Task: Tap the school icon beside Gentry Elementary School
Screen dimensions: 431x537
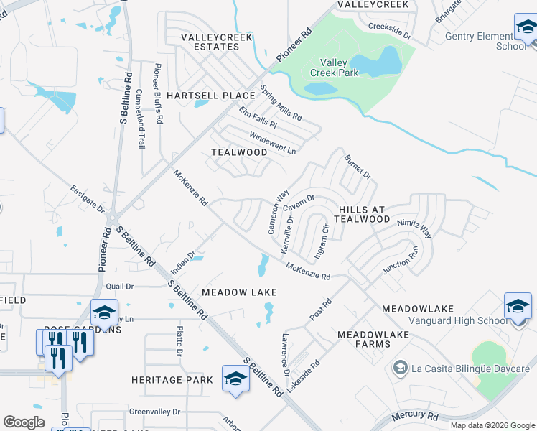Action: (526, 29)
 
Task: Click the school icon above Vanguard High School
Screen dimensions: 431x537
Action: (517, 306)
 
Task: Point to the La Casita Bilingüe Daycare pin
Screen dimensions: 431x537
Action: (400, 369)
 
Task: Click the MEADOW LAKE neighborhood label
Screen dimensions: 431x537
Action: (238, 292)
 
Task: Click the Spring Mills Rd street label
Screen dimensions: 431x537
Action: (281, 103)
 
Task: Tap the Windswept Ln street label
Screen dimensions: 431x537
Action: (273, 143)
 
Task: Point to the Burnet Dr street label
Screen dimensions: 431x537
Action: (357, 166)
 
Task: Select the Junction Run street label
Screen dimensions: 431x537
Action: (401, 261)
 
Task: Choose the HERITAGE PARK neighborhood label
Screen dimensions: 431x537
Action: (172, 379)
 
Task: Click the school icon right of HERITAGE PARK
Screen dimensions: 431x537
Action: (235, 378)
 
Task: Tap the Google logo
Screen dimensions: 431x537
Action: (24, 422)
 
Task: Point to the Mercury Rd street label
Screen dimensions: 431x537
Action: (414, 417)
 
